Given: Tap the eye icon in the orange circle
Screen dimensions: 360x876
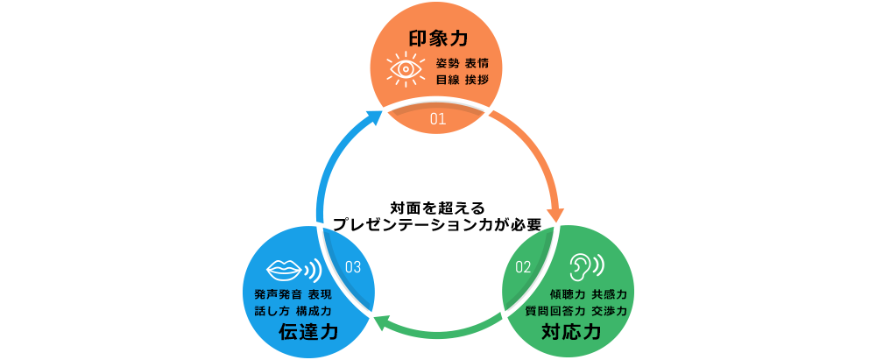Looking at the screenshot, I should click(404, 68).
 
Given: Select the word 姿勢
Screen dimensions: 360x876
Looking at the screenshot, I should click(447, 64).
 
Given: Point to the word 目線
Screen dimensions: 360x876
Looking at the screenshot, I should click(447, 80).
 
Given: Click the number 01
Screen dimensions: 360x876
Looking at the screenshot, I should click(439, 117).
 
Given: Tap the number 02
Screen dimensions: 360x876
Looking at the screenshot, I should click(523, 266).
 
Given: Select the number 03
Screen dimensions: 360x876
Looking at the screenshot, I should click(353, 266).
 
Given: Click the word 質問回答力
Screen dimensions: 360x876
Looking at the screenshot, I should click(555, 311).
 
